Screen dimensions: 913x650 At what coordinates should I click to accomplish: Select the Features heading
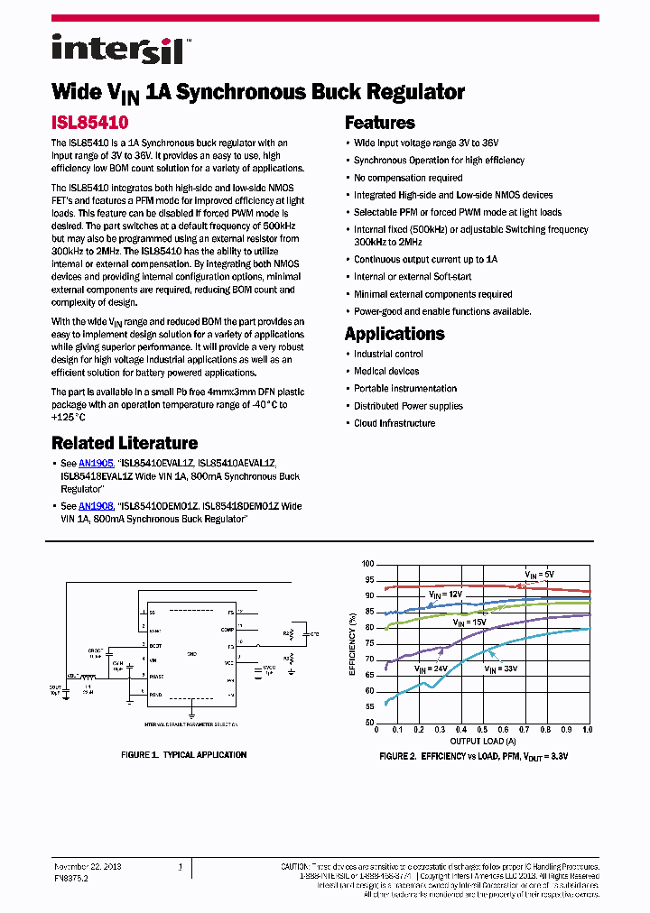click(x=380, y=123)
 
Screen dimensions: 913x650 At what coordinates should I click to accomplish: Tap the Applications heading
click(x=395, y=334)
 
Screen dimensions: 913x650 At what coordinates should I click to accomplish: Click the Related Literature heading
click(x=125, y=443)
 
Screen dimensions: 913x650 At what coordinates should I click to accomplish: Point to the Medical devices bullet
click(x=386, y=371)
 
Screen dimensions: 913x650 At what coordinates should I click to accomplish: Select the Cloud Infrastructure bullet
click(x=395, y=423)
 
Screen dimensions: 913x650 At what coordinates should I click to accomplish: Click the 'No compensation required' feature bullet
click(x=408, y=178)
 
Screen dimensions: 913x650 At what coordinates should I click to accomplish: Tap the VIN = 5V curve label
click(x=540, y=574)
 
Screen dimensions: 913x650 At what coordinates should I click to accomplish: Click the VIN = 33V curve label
click(x=500, y=669)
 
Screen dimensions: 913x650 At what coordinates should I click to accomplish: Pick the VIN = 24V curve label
click(x=431, y=669)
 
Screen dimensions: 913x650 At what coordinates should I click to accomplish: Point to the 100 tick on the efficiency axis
click(x=367, y=564)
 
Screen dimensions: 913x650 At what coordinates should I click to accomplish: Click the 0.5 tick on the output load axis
click(x=481, y=729)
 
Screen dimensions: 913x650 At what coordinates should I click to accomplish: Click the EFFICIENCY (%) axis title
click(x=352, y=643)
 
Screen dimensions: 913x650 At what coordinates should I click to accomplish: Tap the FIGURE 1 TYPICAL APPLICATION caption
click(x=183, y=755)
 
